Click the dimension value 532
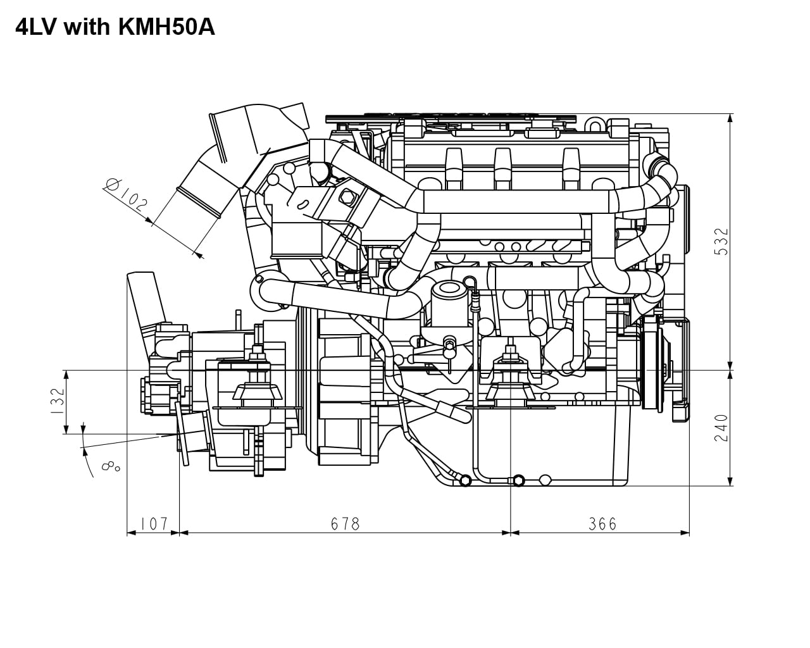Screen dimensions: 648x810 pos(721,242)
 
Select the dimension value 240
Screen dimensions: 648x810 pos(721,428)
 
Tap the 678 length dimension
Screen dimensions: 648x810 pos(345,524)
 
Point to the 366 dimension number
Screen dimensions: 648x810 pos(602,524)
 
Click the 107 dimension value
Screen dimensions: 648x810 pos(154,524)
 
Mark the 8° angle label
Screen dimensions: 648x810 pos(111,468)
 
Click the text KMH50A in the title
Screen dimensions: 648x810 pos(166,27)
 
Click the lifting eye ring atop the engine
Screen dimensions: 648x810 pos(595,125)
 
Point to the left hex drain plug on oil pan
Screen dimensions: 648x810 pos(465,480)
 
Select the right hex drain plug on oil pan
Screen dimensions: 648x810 pos(518,480)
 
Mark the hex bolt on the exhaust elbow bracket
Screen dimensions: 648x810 pos(346,197)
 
